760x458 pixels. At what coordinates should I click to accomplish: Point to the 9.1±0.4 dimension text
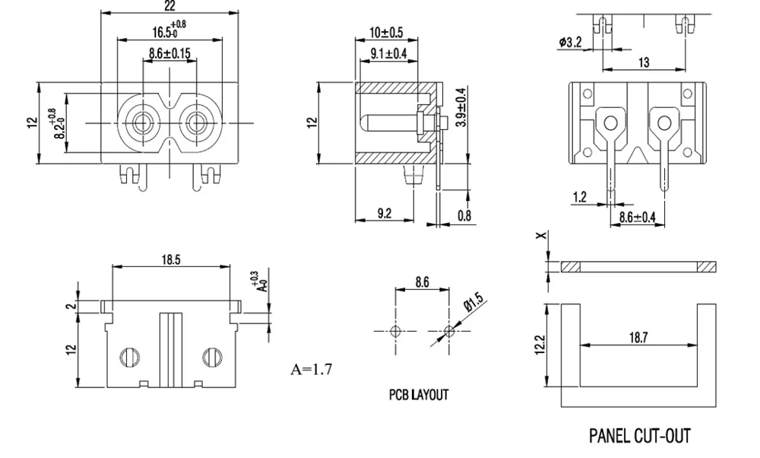pyautogui.click(x=389, y=53)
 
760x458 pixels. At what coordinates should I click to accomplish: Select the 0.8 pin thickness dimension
pyautogui.click(x=464, y=215)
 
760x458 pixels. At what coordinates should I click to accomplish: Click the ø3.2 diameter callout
pyautogui.click(x=569, y=43)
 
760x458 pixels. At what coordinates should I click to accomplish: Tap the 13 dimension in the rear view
pyautogui.click(x=644, y=62)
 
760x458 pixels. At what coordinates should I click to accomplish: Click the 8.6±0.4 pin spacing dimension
pyautogui.click(x=637, y=218)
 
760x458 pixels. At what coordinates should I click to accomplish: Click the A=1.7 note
pyautogui.click(x=311, y=371)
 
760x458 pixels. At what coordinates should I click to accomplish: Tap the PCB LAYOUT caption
pyautogui.click(x=419, y=395)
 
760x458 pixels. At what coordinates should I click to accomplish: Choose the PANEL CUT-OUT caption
pyautogui.click(x=640, y=436)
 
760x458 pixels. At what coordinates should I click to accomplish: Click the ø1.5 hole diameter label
pyautogui.click(x=475, y=302)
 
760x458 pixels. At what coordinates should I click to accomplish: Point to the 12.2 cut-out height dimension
pyautogui.click(x=539, y=343)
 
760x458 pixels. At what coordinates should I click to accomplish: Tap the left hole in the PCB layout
pyautogui.click(x=394, y=332)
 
